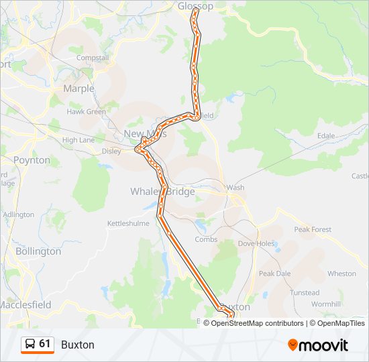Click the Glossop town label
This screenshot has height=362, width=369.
[195, 6]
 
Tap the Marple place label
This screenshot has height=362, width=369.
[78, 88]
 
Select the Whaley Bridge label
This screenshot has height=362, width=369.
[162, 192]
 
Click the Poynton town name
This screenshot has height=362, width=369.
[32, 160]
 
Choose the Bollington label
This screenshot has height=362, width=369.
[38, 251]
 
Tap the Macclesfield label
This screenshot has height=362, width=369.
[25, 304]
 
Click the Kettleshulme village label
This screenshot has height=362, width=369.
[129, 223]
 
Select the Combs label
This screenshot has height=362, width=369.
[206, 239]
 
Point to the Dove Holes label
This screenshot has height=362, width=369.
[256, 243]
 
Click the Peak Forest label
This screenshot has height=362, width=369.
[313, 229]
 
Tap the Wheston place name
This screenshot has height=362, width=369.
[341, 274]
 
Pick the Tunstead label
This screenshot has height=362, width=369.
[305, 292]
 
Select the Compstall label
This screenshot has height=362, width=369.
[93, 58]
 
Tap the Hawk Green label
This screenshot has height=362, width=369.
[86, 112]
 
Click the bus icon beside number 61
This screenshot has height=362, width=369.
[30, 345]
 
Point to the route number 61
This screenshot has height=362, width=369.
[45, 344]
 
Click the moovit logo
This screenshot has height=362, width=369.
[318, 345]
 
